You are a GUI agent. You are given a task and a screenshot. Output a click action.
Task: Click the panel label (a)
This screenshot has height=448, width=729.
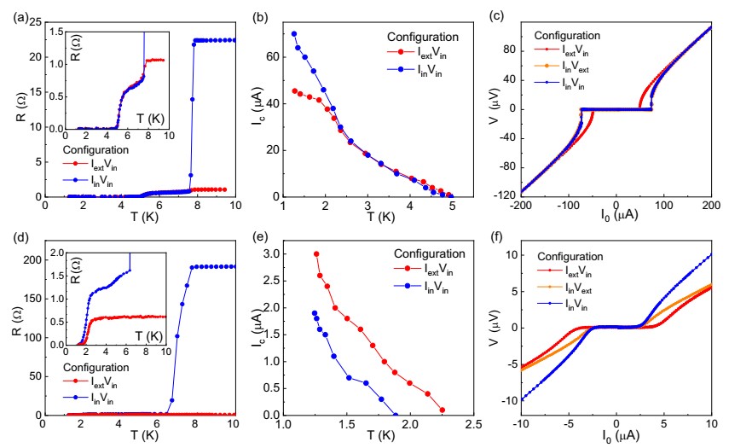point(22,18)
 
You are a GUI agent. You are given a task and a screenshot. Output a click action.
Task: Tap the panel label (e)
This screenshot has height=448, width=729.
point(260,237)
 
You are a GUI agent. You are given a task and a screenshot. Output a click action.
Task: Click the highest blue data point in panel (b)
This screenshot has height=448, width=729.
point(294,34)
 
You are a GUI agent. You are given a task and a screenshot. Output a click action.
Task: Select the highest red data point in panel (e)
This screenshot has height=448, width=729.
point(316,254)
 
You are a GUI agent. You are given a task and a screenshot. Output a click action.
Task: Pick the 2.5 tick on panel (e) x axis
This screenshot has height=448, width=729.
point(473,424)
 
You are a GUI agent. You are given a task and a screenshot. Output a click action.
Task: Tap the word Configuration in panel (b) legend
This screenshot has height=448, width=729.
point(423,37)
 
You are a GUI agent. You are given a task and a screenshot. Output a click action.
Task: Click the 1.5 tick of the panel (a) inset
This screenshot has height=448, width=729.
point(57,32)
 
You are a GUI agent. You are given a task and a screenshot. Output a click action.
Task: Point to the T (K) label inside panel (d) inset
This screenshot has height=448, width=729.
point(148,336)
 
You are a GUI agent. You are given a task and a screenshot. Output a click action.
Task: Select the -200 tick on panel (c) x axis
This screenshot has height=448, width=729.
point(521,205)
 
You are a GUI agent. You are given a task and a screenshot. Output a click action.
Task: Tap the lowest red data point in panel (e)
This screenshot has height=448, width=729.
point(442,410)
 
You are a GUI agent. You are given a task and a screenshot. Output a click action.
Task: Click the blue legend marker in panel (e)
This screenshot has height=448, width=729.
point(407,286)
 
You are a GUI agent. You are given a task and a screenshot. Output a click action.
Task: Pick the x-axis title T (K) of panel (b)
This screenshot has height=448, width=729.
point(380,217)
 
